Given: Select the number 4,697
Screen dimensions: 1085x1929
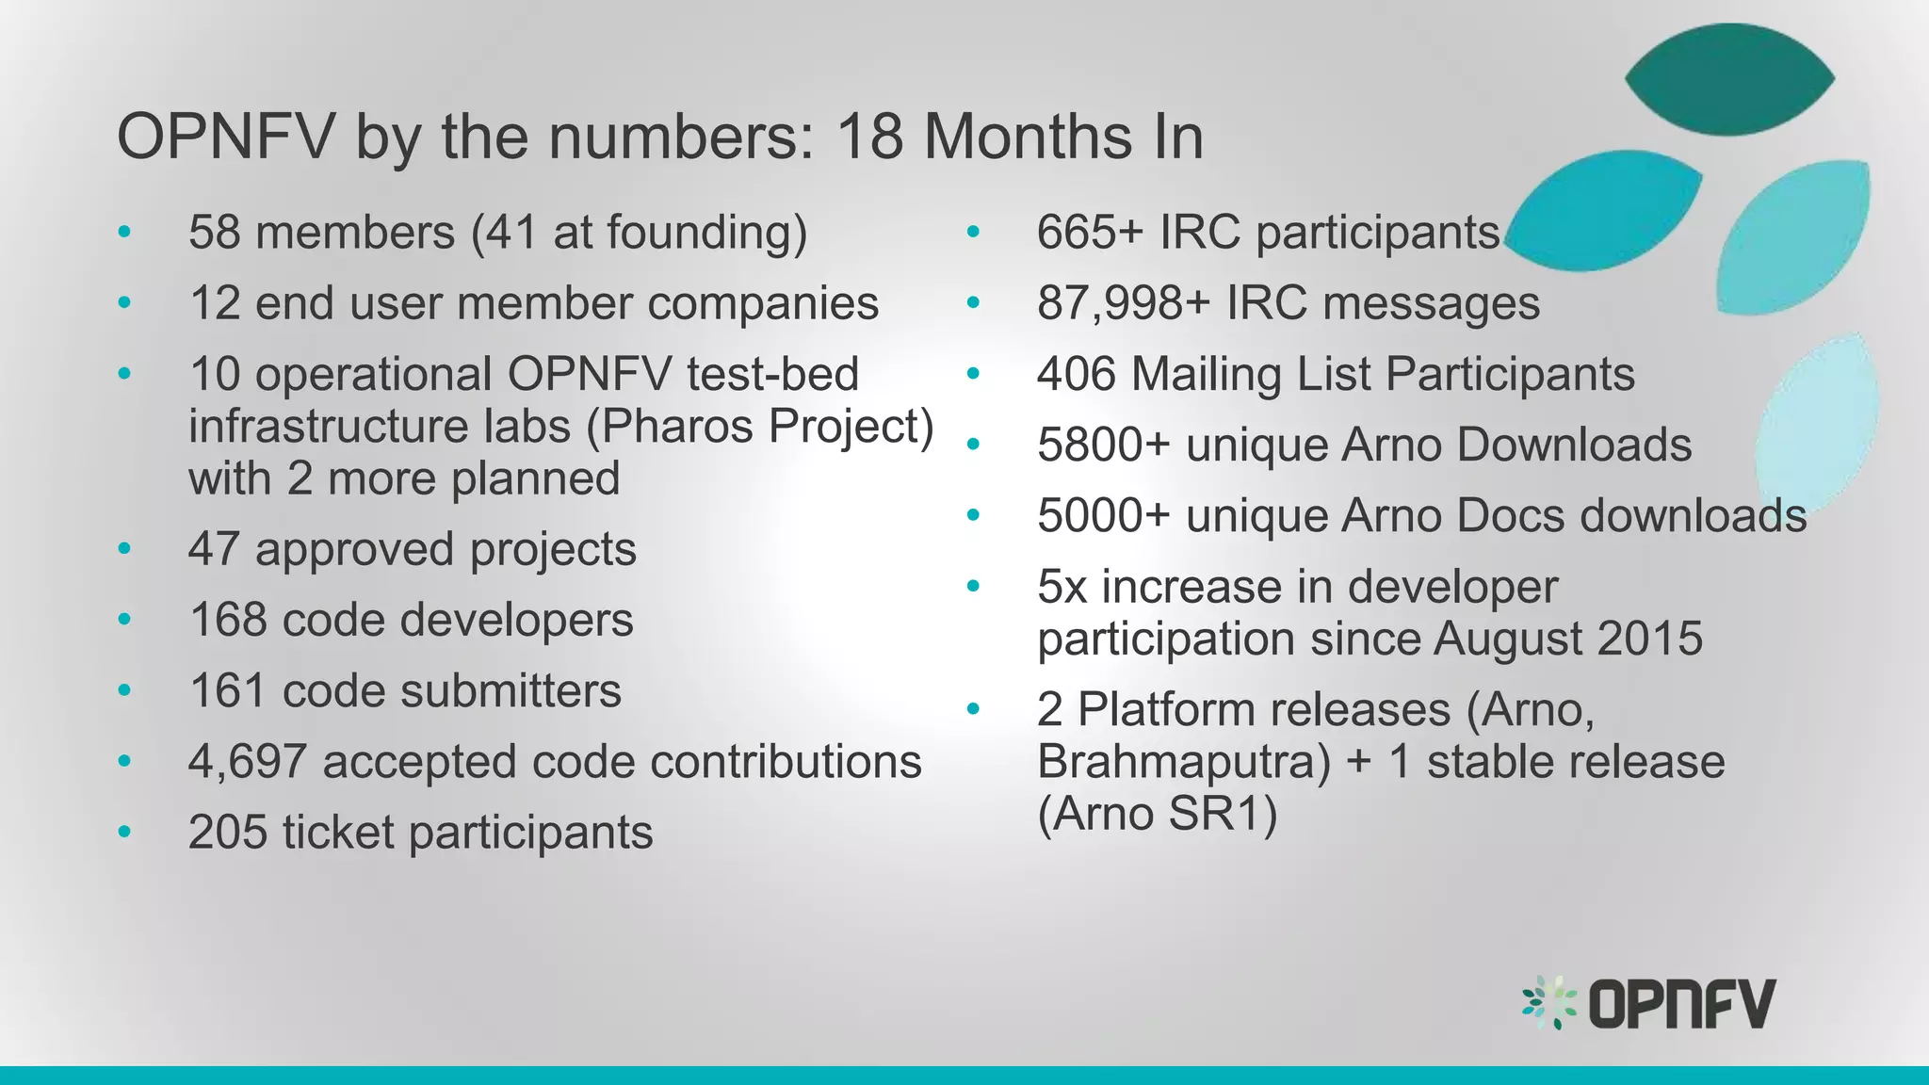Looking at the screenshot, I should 247,762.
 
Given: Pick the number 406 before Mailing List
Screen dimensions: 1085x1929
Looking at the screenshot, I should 1076,374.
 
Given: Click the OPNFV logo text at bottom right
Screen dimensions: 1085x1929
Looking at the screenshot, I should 1682,1004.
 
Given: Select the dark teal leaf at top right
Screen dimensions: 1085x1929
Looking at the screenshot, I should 1729,79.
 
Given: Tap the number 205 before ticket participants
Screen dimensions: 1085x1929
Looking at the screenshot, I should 227,833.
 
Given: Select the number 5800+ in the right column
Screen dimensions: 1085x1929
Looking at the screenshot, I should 1103,445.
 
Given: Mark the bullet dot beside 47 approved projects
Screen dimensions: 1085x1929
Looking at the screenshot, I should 124,549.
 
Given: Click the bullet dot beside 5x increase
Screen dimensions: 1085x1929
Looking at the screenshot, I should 973,587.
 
